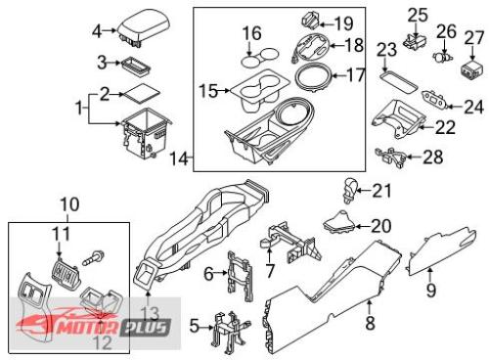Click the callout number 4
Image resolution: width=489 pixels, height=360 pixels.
97,31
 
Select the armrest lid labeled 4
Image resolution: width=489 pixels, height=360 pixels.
144,28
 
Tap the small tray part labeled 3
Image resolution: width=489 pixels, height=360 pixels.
136,67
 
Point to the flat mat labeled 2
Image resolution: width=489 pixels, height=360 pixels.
140,94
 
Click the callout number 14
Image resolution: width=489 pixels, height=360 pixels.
179,158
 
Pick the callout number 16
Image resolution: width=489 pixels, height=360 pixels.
252,33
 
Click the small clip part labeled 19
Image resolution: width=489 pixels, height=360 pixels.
310,22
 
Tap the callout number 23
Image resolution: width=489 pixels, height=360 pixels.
387,50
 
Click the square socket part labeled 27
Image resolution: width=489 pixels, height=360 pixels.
471,68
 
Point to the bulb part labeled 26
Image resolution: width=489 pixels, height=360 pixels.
443,57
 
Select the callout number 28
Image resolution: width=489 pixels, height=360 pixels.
433,157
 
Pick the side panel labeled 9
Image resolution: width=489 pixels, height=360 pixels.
442,252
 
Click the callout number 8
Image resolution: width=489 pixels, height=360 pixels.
370,323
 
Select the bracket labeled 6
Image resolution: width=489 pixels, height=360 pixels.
241,276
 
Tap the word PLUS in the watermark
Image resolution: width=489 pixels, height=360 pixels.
146,328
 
